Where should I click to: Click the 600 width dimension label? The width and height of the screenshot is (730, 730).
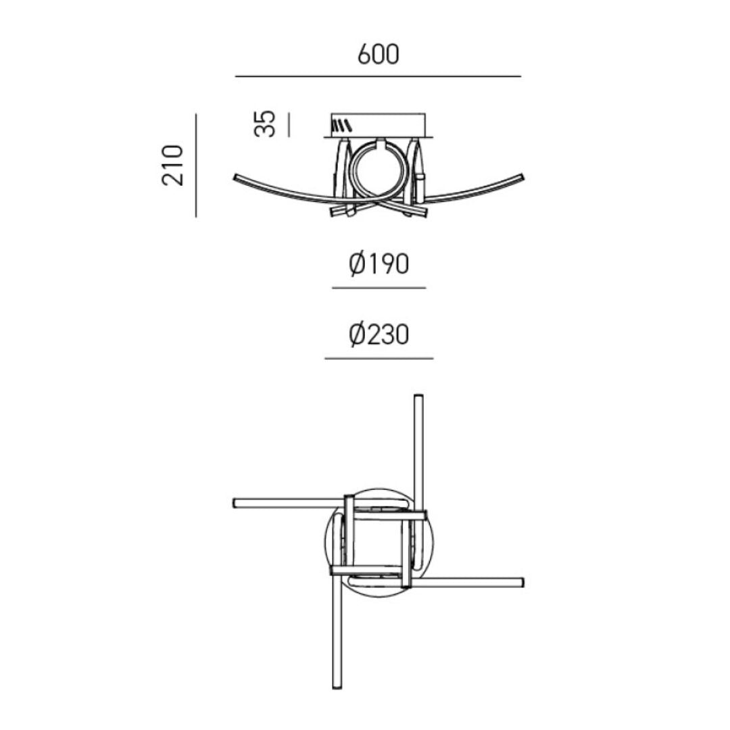(x=378, y=54)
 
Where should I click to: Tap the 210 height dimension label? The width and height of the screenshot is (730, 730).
(x=173, y=166)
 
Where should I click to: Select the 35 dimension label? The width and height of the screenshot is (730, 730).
(x=265, y=124)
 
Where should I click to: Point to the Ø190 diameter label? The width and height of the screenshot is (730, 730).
(x=379, y=264)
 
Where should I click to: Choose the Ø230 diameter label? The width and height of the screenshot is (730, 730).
(x=379, y=335)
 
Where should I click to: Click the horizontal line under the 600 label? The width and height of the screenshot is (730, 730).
(x=378, y=76)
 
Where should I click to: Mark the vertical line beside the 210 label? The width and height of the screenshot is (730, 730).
(x=196, y=166)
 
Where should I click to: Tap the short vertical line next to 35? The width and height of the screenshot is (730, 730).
(x=289, y=125)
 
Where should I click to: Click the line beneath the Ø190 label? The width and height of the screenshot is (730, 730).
(x=379, y=288)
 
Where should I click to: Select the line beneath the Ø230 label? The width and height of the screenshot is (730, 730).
(x=379, y=358)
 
